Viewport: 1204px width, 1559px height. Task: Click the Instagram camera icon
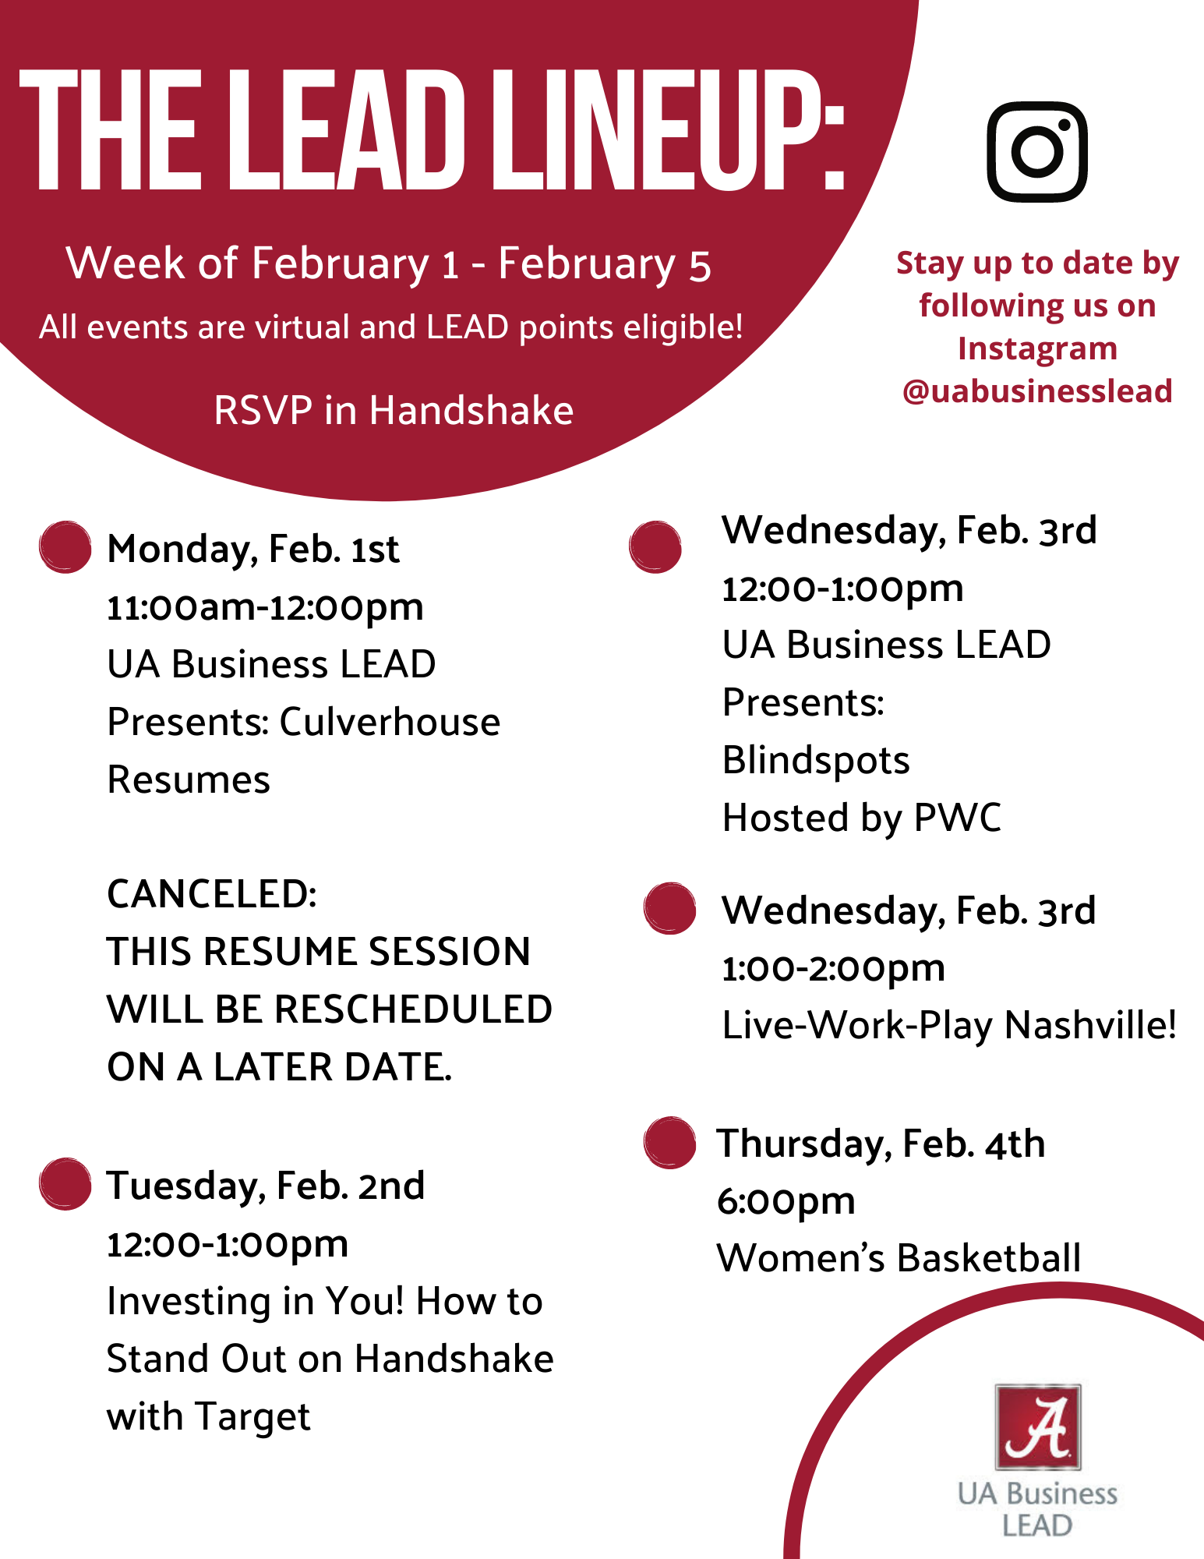(1037, 151)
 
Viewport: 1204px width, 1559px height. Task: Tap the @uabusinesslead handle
(1037, 391)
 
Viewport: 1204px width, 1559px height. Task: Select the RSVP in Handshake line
(394, 410)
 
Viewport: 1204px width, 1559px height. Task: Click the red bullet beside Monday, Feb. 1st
(65, 547)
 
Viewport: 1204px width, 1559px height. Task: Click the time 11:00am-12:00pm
(265, 607)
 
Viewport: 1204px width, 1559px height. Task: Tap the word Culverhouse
(390, 722)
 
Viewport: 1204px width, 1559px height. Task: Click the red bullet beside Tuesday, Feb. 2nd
(65, 1184)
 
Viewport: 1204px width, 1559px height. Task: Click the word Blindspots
(816, 761)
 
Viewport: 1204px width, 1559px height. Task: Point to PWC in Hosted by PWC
(958, 818)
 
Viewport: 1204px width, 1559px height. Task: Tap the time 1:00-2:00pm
(834, 969)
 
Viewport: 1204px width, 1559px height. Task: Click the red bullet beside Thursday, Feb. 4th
(669, 1143)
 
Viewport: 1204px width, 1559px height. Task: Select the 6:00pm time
(786, 1202)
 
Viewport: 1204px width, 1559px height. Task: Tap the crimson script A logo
(1037, 1427)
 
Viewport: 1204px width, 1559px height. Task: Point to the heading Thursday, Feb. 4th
(881, 1144)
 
